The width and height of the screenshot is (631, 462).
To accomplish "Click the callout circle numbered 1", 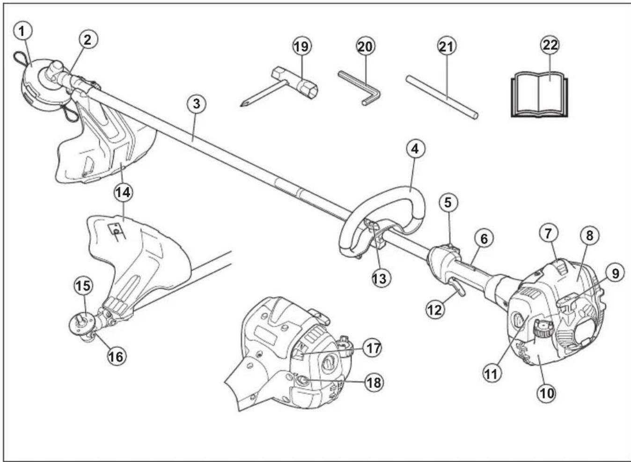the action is point(23,31).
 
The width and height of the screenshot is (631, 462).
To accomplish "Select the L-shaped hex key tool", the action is point(359,88).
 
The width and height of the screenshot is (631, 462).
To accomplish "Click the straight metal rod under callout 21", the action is point(442,97).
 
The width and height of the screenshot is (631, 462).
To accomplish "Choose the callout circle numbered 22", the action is point(550,45).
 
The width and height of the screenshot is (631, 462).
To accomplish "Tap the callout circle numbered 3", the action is point(196,103).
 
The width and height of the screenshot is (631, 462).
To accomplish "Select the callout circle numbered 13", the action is point(381,279).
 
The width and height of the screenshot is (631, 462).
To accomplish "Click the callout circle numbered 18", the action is point(374,382).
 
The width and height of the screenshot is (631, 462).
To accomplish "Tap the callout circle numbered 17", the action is point(372,348).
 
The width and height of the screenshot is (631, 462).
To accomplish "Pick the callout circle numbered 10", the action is point(547,393).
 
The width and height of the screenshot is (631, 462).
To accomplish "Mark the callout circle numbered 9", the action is point(615,273).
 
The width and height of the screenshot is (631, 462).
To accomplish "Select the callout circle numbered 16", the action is point(117,356).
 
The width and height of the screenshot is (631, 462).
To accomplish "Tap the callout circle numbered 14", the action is point(124,193).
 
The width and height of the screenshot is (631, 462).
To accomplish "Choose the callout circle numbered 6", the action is point(484,239).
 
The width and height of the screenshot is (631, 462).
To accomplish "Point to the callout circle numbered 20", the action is point(366,47).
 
